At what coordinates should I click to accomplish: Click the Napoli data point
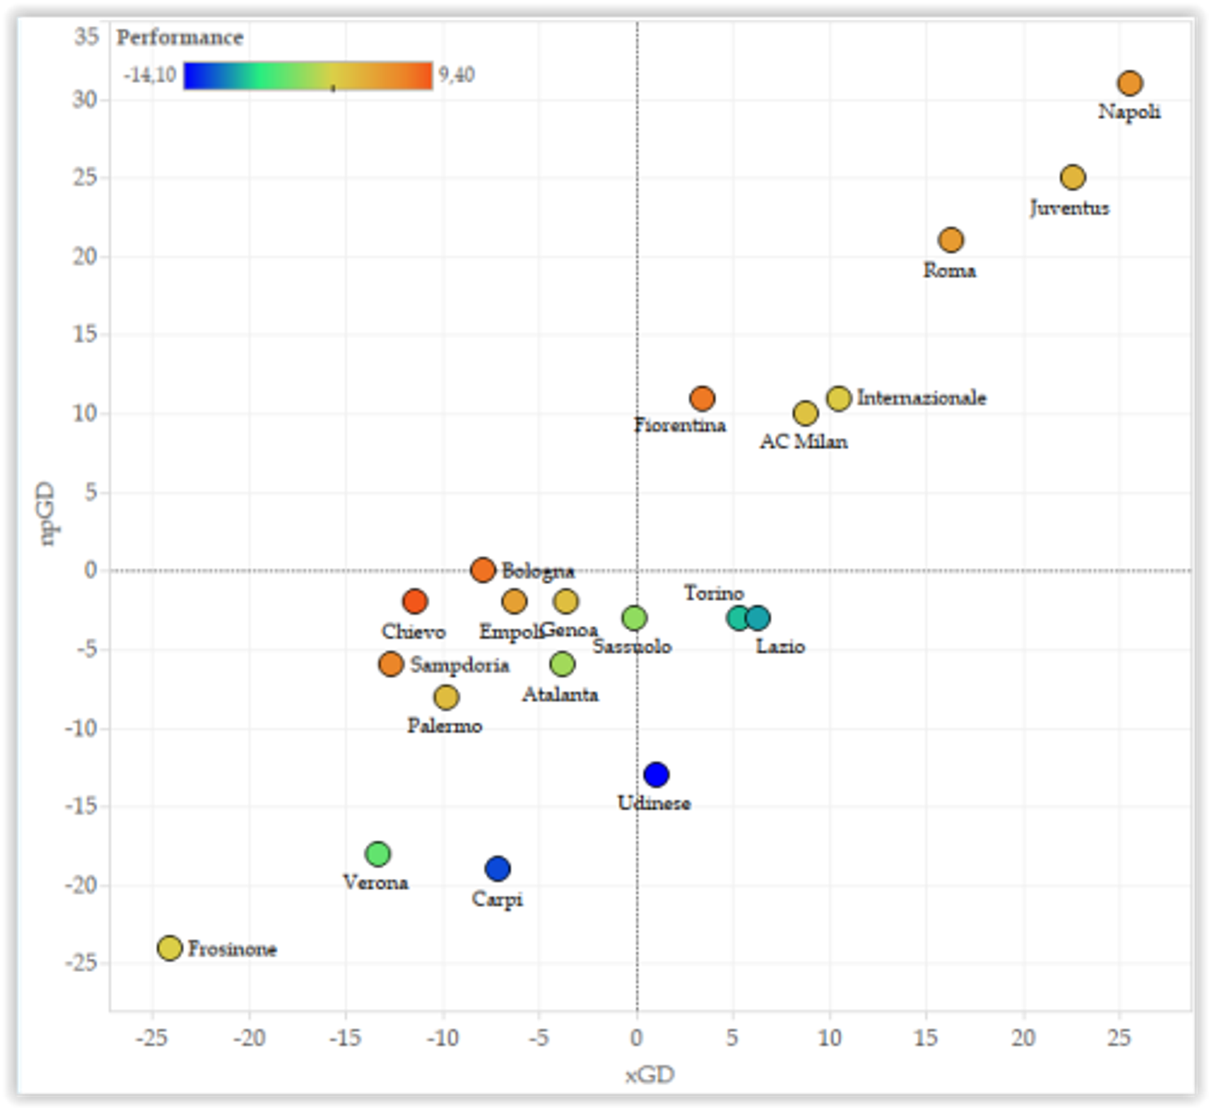click(1130, 83)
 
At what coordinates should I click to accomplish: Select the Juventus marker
click(1072, 178)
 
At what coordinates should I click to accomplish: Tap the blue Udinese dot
click(656, 774)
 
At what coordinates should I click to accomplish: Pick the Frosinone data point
click(169, 947)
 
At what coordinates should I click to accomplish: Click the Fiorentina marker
click(701, 398)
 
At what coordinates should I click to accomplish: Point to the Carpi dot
click(497, 869)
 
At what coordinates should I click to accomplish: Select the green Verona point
click(377, 854)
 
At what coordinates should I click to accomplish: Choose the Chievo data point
click(414, 602)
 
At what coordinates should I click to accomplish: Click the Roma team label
click(949, 271)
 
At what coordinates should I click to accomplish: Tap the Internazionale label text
click(921, 398)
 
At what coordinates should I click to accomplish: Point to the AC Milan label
click(803, 442)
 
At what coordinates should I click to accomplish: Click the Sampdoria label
click(460, 665)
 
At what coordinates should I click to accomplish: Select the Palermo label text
click(445, 726)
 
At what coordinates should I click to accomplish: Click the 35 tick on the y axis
click(87, 37)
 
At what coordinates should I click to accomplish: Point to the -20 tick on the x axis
click(249, 1037)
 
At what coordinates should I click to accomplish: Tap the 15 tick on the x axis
click(926, 1037)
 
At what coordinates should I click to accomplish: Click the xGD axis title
click(650, 1075)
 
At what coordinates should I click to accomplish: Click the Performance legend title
click(180, 38)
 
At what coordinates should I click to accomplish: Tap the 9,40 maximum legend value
click(457, 75)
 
